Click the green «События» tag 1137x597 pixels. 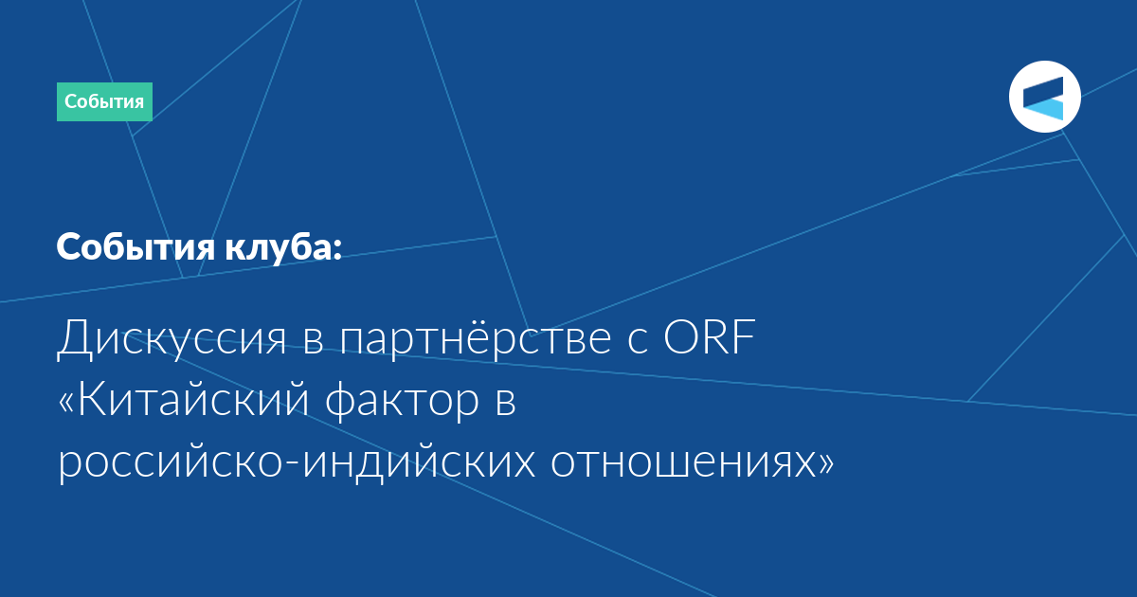click(104, 101)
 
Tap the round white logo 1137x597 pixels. click(1044, 97)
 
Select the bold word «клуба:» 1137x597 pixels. click(283, 247)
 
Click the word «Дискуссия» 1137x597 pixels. click(171, 337)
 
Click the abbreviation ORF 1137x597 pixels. click(710, 336)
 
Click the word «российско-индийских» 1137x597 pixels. click(297, 463)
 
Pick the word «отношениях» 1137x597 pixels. click(683, 463)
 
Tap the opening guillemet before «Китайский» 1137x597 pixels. click(66, 402)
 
